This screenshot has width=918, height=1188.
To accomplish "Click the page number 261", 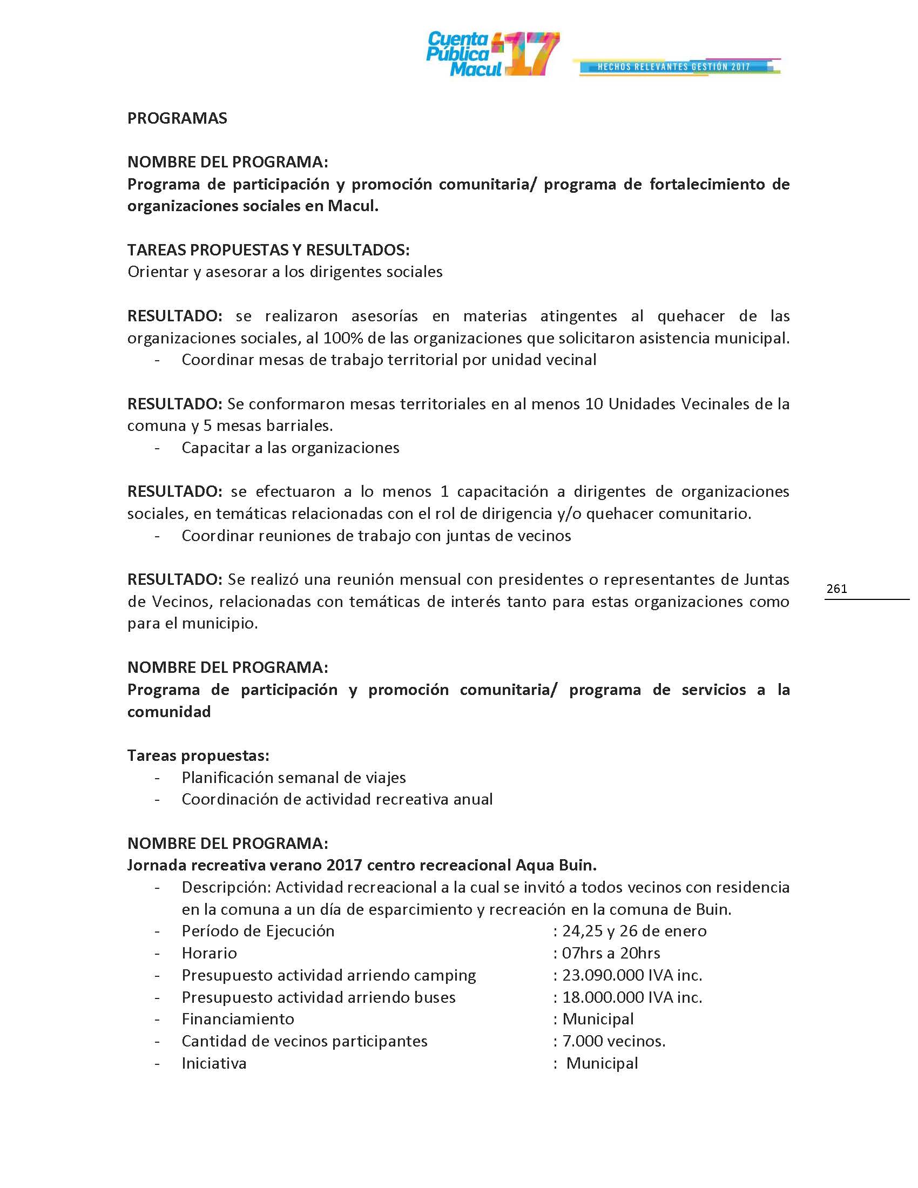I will pos(836,589).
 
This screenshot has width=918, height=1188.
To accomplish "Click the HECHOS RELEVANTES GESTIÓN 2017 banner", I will pos(674,67).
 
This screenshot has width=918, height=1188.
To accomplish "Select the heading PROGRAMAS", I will pos(177,119).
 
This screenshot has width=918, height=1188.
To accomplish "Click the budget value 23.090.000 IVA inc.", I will pos(632,975).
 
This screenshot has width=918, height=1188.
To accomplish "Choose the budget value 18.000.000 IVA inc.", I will pos(632,997).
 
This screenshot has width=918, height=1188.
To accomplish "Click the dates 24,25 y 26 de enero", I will pos(634,932).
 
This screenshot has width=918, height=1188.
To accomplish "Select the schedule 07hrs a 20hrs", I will pos(611,953).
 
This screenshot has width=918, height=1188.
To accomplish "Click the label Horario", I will pos(210,953).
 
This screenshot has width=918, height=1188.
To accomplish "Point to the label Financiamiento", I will pos(238,1019).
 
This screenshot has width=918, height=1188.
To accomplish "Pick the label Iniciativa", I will pos(214,1063).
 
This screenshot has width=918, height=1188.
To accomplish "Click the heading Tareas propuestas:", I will pos(199,755).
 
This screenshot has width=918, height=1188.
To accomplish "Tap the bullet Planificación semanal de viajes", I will pos(294,778).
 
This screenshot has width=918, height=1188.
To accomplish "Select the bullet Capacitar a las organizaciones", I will pos(291,448).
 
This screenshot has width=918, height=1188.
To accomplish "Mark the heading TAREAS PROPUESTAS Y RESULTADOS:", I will pos(268,250).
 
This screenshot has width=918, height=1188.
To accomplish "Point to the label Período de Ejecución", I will pos(258,932).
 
